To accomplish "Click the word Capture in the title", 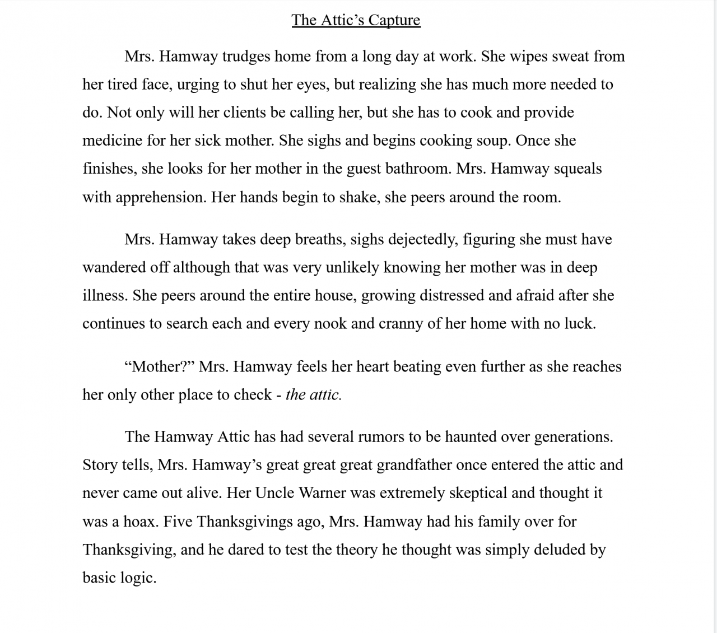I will (394, 20).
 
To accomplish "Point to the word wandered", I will (114, 268).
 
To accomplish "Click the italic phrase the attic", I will (313, 395).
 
